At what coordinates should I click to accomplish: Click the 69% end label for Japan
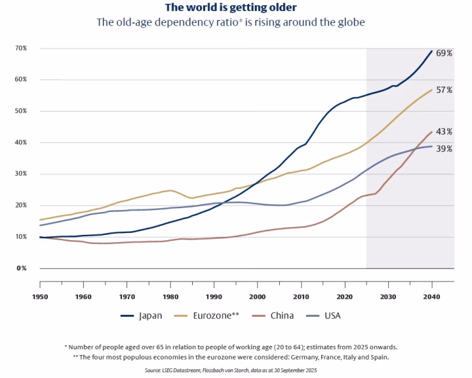pyautogui.click(x=444, y=52)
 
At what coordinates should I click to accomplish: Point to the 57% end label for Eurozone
pyautogui.click(x=444, y=90)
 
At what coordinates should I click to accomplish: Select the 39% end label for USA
pyautogui.click(x=444, y=149)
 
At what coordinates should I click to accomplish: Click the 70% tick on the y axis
pyautogui.click(x=21, y=49)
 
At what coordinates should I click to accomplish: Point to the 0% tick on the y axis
pyautogui.click(x=22, y=268)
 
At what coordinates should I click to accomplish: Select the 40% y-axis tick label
pyautogui.click(x=21, y=143)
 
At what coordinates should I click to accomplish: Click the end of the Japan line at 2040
pyautogui.click(x=432, y=51)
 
